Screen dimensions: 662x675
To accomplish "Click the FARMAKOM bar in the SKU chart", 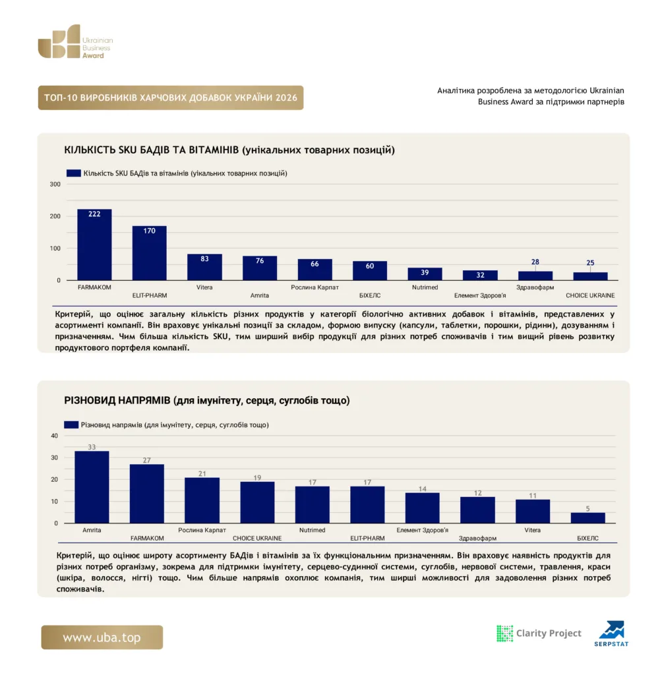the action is click(x=94, y=245).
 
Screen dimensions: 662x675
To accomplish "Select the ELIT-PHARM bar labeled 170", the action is click(x=150, y=253).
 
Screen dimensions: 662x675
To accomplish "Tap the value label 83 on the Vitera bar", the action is click(x=204, y=258).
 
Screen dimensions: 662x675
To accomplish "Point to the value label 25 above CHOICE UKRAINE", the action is click(x=590, y=262).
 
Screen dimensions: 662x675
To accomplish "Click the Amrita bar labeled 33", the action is click(x=92, y=487).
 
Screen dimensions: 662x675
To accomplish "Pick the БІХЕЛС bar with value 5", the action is click(x=587, y=518).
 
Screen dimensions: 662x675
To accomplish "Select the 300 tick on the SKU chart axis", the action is click(x=55, y=185).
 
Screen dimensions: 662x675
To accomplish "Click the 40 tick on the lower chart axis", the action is click(x=54, y=436).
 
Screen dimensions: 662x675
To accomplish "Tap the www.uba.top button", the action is click(x=102, y=637).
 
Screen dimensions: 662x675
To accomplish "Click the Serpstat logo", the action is click(x=611, y=633).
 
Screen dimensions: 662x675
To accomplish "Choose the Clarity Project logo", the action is click(x=539, y=633).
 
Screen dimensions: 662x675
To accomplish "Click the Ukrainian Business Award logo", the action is click(x=75, y=42).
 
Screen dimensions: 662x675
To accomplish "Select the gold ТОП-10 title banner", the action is click(x=171, y=98).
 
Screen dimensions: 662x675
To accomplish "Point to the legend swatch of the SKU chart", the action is click(x=74, y=173).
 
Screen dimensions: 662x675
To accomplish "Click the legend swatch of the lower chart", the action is click(x=71, y=425).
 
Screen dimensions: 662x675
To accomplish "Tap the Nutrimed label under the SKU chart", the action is click(x=425, y=287).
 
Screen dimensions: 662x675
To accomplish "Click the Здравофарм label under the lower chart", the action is click(x=477, y=538).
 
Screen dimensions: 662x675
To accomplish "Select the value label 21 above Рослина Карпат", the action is click(x=202, y=473).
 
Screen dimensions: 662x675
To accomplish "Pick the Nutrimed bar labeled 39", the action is click(x=425, y=274).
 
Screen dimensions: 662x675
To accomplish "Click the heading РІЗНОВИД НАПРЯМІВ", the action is click(x=117, y=400).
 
